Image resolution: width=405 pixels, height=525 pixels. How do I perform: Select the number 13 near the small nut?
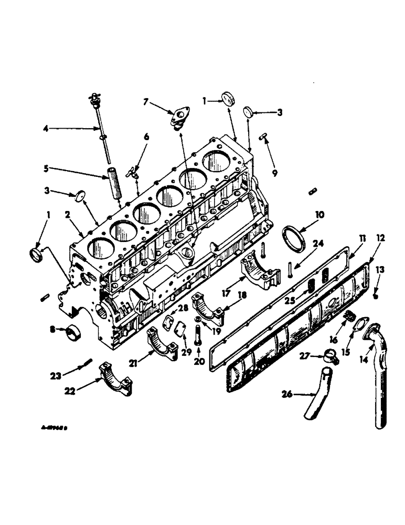pos(380,270)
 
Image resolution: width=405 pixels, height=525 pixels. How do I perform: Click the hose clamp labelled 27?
pos(332,357)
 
